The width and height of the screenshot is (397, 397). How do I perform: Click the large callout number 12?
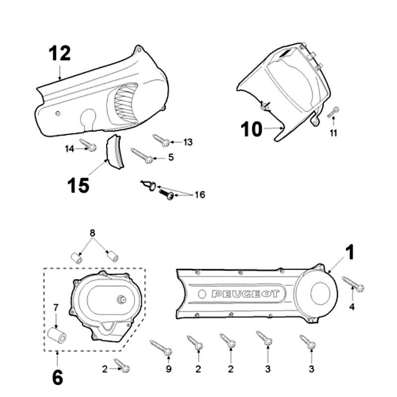pos(60,54)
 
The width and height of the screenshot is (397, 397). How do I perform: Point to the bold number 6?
pos(57,378)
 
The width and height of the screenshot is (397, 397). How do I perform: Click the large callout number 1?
pos(350,253)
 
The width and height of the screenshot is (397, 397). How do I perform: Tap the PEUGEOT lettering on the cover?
pos(245,294)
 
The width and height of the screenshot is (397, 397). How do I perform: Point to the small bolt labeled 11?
pos(334,112)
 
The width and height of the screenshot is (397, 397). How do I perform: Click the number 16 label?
pos(199,195)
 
